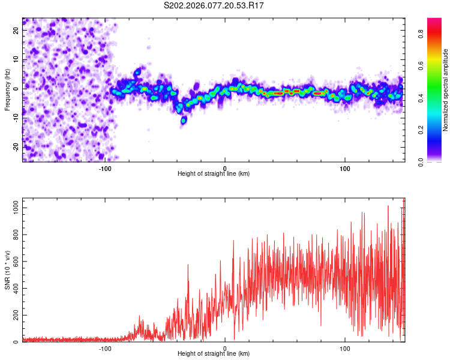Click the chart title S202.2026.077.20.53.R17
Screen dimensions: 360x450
214,5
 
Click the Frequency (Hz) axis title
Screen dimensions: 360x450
7,90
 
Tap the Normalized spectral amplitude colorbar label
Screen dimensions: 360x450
446,90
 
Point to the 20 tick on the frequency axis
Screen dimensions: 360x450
16,31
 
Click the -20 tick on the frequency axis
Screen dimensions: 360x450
15,147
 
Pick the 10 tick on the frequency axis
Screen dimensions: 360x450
16,60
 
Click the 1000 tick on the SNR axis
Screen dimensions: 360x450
13,207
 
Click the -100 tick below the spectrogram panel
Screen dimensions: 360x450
105,167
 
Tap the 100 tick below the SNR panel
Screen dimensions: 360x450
345,348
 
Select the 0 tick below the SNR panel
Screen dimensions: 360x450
225,348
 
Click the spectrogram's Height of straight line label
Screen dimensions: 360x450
214,174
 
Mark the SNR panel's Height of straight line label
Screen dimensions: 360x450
214,355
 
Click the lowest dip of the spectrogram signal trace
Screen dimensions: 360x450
184,121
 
